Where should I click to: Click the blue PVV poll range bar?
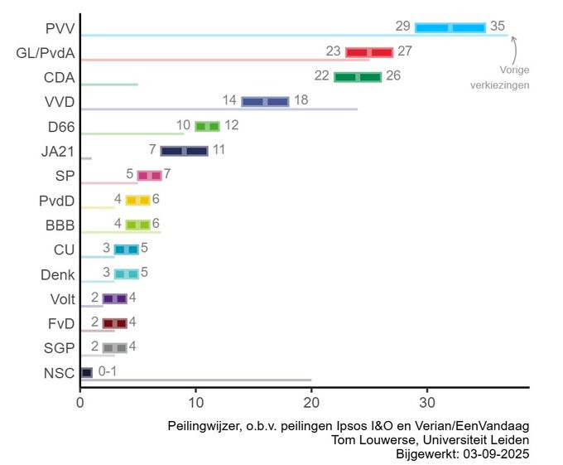coord(450,27)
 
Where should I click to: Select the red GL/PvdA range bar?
coord(368,52)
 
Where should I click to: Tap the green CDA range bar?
coord(358,77)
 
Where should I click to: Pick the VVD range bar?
coord(265,101)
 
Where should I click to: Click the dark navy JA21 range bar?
coord(184,151)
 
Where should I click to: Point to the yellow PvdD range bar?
coord(137,200)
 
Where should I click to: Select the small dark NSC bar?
coord(86,372)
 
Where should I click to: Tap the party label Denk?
coord(58,274)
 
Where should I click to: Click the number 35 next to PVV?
coord(498,27)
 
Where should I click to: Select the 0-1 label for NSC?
coord(108,371)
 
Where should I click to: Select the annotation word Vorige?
coord(515,70)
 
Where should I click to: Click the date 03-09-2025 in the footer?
coord(496,453)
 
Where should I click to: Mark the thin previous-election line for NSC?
coord(207,380)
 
